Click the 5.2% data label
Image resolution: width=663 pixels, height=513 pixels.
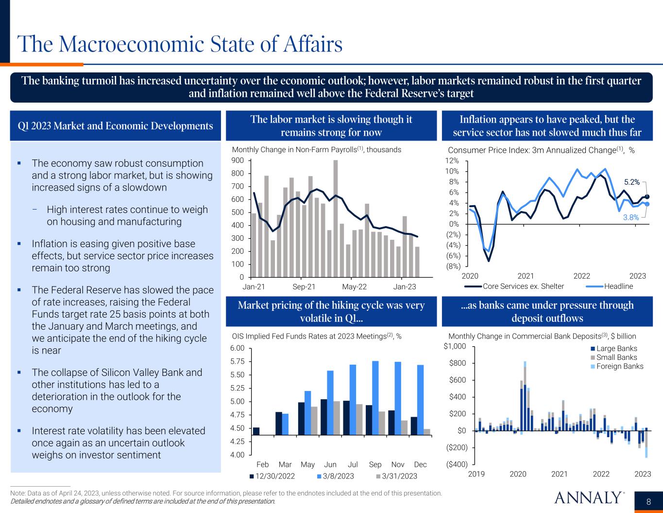[632, 182]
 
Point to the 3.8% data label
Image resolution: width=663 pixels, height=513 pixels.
[631, 218]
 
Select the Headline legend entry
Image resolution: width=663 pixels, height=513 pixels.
[618, 286]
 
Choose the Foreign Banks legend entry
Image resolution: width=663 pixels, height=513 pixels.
[619, 366]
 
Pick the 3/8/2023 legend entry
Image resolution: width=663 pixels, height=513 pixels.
[338, 476]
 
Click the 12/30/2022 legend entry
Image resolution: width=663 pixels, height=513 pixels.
[275, 476]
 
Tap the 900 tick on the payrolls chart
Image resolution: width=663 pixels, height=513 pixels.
[238, 160]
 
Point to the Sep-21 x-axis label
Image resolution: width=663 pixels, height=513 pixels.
[304, 287]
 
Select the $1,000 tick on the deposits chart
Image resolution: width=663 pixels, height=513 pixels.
[455, 346]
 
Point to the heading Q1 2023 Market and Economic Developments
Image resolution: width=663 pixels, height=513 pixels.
[115, 126]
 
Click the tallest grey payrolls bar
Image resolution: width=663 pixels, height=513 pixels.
[336, 219]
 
